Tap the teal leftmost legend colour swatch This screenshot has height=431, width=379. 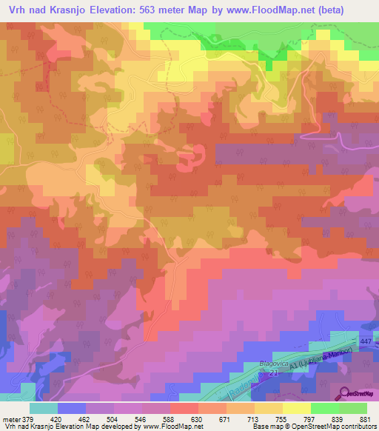tap(44, 408)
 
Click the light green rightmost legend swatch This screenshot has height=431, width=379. tap(353, 408)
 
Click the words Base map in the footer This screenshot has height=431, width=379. tap(266, 427)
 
